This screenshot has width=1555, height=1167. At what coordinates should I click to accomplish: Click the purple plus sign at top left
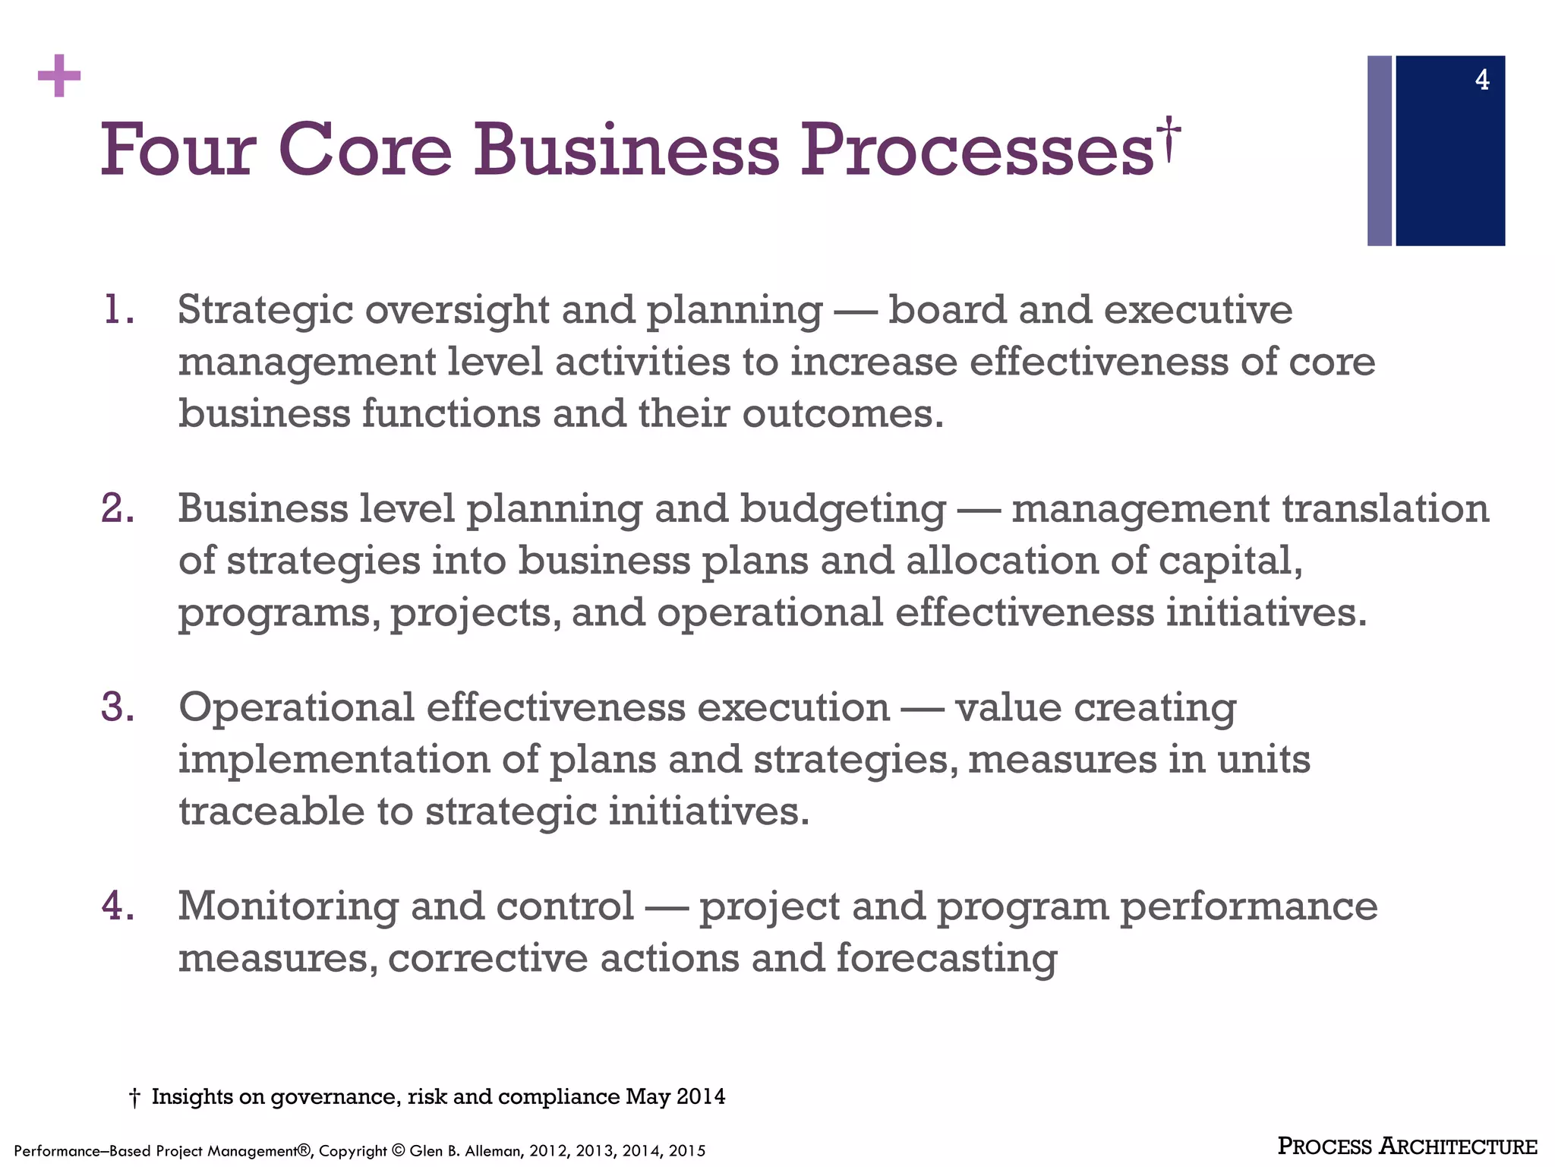pyautogui.click(x=58, y=76)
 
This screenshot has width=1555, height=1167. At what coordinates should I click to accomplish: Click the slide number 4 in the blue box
pyautogui.click(x=1481, y=81)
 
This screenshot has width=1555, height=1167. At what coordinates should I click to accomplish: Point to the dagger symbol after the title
pyautogui.click(x=1169, y=139)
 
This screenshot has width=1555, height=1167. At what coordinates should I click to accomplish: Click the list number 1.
pyautogui.click(x=118, y=310)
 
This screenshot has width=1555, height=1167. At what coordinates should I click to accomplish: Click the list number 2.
pyautogui.click(x=118, y=508)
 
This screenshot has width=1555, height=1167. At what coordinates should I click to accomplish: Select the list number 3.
pyautogui.click(x=118, y=707)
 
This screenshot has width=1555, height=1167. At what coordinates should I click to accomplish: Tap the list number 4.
pyautogui.click(x=118, y=906)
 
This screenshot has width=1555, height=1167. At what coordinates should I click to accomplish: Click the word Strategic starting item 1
pyautogui.click(x=266, y=310)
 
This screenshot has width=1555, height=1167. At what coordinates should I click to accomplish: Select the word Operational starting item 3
pyautogui.click(x=296, y=708)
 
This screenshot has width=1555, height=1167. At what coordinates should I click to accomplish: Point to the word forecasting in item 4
pyautogui.click(x=946, y=959)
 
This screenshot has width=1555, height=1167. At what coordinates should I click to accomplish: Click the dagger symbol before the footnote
pyautogui.click(x=134, y=1097)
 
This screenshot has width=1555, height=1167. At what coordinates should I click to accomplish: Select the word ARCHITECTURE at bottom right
pyautogui.click(x=1458, y=1146)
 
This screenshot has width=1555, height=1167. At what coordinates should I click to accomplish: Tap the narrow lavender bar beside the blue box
pyautogui.click(x=1379, y=150)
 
